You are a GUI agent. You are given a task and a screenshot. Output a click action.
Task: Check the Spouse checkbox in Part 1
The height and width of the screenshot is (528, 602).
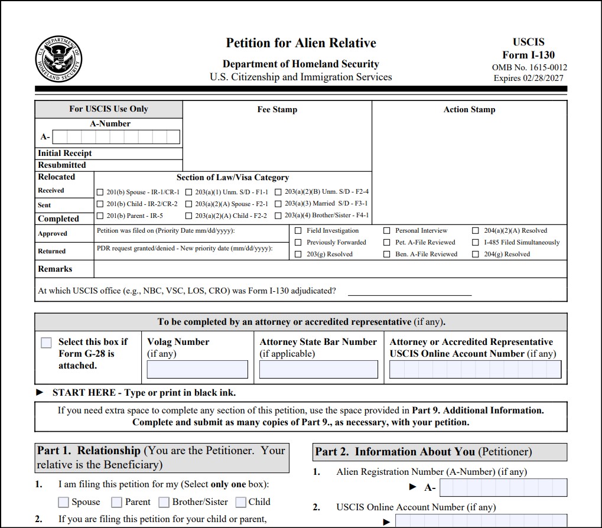point(63,503)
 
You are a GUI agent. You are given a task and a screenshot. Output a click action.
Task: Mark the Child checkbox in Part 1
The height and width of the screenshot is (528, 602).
point(240,503)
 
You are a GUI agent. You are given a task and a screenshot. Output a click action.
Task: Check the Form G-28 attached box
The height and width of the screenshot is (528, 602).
point(46,343)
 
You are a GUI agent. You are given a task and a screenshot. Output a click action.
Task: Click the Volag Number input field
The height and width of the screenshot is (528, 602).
point(197,370)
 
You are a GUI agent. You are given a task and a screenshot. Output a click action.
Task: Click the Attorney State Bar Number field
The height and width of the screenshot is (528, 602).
point(318,370)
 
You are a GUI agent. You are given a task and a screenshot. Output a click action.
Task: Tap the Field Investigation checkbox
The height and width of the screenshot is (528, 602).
point(298,231)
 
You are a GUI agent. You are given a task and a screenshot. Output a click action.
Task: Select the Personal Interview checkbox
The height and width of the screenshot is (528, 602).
point(386,231)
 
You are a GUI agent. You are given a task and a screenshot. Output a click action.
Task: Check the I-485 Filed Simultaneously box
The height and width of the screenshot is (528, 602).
point(475,243)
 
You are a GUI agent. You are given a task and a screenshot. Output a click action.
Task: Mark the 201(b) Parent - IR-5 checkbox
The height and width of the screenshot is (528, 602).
point(99,216)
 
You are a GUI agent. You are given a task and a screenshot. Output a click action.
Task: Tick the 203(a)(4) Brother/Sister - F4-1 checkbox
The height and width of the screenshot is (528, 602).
point(278,216)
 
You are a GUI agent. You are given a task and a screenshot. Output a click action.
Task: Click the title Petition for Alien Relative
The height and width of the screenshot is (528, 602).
point(301,43)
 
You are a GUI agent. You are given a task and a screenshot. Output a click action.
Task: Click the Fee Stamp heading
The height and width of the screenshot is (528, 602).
point(277,110)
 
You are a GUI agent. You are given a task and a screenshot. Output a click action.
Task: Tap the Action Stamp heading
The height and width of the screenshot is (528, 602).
point(469,110)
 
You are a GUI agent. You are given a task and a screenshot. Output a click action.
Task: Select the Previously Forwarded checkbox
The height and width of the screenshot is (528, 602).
point(298,243)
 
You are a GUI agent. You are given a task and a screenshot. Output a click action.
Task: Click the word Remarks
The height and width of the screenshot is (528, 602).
point(55,269)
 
